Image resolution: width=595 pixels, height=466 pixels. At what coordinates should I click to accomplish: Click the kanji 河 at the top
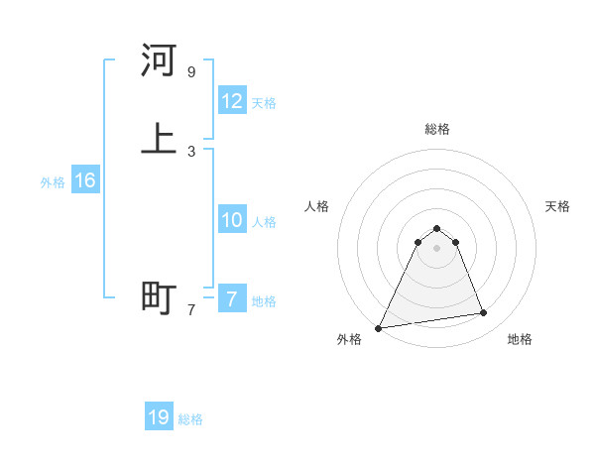(159, 61)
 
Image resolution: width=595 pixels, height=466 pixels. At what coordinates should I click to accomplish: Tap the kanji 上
(159, 139)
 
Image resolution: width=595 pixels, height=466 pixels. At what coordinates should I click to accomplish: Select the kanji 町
(159, 297)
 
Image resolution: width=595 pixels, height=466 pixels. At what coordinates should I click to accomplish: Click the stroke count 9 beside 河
(191, 72)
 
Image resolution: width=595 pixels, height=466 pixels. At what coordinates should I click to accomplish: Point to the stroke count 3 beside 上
(191, 151)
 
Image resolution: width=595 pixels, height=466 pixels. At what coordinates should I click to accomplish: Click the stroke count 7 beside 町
(191, 309)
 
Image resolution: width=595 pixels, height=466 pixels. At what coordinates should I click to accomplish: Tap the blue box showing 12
(232, 101)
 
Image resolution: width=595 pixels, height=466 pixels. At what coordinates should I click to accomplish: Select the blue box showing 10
(232, 220)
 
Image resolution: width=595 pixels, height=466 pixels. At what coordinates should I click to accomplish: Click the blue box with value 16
(85, 180)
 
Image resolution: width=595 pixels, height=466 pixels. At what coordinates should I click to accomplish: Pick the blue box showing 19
(159, 417)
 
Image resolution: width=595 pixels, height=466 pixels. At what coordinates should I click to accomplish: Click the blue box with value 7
(232, 299)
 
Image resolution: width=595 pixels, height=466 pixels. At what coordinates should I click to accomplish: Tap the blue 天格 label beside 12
(264, 103)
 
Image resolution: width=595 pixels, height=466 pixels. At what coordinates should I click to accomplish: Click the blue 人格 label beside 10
(264, 222)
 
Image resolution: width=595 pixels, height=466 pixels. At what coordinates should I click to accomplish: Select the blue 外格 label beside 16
(53, 182)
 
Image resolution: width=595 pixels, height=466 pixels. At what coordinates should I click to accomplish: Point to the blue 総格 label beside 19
(190, 419)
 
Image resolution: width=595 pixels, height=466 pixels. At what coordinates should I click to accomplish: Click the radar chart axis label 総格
(437, 129)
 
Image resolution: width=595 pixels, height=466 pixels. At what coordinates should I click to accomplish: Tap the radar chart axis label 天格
(558, 206)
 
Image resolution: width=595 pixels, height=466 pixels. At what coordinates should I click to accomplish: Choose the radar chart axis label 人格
(317, 206)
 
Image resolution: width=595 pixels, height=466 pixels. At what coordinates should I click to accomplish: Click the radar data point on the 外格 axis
(379, 327)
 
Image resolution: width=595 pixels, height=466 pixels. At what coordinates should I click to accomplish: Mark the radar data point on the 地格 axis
(484, 313)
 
